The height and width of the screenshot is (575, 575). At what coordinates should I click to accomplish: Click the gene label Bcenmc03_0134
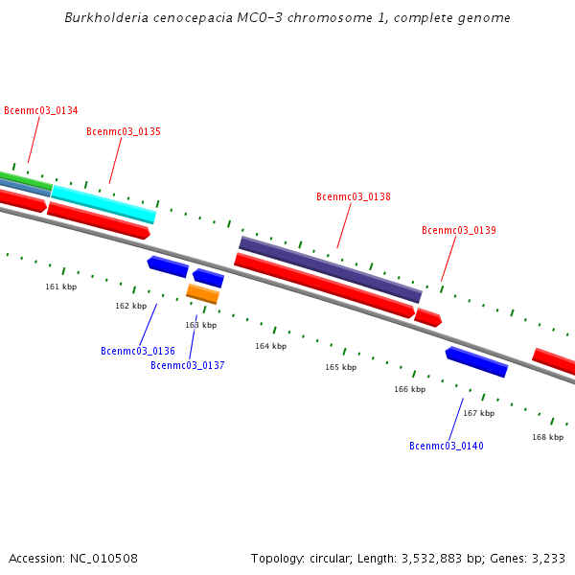[41, 111]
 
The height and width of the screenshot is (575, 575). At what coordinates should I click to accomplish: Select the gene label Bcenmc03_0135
[124, 132]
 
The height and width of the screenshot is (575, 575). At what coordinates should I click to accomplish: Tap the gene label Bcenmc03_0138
[354, 197]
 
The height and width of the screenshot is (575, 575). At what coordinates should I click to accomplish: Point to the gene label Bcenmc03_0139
[459, 231]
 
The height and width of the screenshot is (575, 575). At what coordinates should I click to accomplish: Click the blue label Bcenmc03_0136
[138, 352]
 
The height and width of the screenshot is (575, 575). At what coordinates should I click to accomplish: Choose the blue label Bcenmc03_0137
[188, 366]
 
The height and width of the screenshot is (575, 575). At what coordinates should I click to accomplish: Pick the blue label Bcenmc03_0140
[447, 447]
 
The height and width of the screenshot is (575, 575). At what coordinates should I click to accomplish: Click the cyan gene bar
[103, 204]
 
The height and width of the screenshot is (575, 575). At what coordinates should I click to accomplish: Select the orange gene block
[202, 293]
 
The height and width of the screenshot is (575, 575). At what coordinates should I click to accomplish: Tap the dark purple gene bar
[330, 269]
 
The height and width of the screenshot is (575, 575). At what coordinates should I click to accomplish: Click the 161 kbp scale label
[61, 287]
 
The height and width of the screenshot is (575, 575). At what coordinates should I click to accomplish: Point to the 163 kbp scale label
[201, 326]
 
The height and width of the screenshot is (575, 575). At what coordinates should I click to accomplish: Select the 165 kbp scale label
[340, 367]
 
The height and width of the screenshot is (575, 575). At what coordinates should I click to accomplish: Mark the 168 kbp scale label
[547, 437]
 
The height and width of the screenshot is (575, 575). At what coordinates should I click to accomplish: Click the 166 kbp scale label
[409, 389]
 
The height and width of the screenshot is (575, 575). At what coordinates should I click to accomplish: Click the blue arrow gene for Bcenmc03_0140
[476, 361]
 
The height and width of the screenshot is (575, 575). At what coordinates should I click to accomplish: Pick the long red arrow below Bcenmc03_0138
[324, 285]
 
